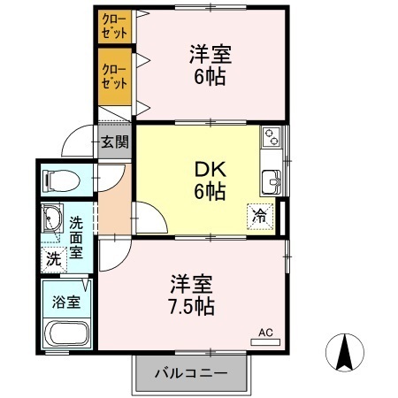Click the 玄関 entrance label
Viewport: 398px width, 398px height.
pyautogui.click(x=114, y=141)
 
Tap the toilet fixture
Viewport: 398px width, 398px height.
pyautogui.click(x=61, y=182)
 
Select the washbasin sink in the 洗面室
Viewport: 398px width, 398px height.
pyautogui.click(x=50, y=218)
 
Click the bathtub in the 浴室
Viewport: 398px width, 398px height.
pyautogui.click(x=67, y=334)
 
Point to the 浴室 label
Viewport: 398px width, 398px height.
pyautogui.click(x=67, y=301)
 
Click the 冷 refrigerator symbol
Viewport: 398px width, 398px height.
pyautogui.click(x=261, y=214)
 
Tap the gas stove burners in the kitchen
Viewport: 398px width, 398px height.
pyautogui.click(x=271, y=137)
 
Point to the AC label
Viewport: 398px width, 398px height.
pyautogui.click(x=265, y=333)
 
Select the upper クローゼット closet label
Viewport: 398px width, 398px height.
pyautogui.click(x=113, y=24)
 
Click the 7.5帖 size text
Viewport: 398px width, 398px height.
pyautogui.click(x=194, y=308)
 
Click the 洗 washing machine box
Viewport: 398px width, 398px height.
pyautogui.click(x=53, y=260)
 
